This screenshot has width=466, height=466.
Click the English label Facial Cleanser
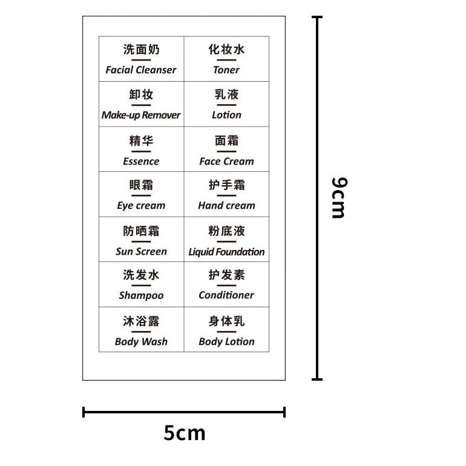[141, 70]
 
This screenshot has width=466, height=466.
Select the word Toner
[226, 70]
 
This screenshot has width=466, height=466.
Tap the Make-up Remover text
[141, 115]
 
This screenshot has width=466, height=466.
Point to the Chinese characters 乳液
[226, 94]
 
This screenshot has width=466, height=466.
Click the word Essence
[141, 162]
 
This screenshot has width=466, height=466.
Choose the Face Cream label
[226, 162]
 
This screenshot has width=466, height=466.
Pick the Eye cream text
[141, 206]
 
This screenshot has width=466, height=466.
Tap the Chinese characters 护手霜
[226, 185]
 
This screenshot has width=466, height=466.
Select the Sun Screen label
[141, 252]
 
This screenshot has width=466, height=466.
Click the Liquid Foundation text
[226, 252]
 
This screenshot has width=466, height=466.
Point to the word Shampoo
[141, 296]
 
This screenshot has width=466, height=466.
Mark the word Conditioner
[226, 295]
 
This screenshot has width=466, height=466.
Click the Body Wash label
[141, 342]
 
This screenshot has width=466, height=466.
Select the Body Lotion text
[226, 342]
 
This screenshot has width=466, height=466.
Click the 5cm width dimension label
[185, 433]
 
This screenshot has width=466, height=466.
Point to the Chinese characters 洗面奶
[141, 50]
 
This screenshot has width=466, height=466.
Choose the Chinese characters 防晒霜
[141, 231]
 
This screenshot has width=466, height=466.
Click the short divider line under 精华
[141, 151]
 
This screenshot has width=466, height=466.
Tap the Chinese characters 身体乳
[226, 321]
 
